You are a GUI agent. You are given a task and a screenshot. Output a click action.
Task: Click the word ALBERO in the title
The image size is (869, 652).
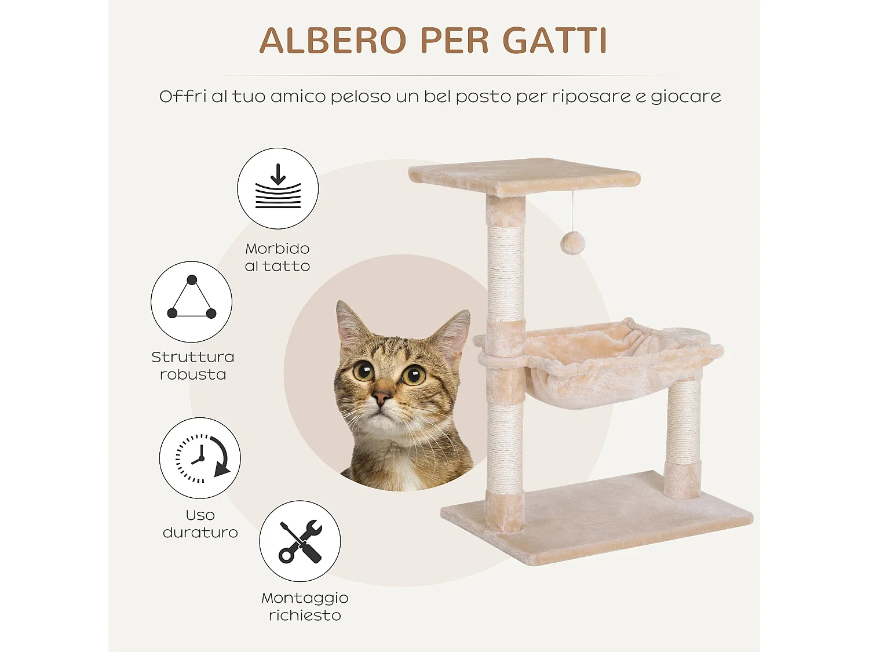[333, 41]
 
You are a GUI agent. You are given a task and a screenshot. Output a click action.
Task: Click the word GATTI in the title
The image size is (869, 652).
[554, 41]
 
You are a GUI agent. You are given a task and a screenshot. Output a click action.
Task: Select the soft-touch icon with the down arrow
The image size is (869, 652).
[278, 188]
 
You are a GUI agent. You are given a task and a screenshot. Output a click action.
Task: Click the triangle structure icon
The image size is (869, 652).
[191, 301]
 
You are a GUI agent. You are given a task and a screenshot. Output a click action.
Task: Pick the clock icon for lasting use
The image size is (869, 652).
[200, 458]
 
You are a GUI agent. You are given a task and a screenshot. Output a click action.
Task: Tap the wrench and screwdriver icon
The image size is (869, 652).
[300, 541]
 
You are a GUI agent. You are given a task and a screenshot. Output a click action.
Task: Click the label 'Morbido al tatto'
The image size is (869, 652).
[278, 257]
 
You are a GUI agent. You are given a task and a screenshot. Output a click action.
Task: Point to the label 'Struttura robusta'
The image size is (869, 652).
[193, 366]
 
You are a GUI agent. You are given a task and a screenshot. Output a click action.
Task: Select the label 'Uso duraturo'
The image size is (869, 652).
[200, 524]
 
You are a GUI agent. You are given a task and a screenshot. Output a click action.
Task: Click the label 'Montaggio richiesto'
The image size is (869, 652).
[305, 606]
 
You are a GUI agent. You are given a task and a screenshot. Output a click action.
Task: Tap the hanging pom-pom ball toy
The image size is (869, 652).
[572, 243]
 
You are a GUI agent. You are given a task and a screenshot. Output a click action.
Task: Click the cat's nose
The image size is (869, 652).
[381, 398]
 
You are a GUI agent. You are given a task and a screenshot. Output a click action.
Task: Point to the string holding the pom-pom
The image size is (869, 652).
[573, 212]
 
